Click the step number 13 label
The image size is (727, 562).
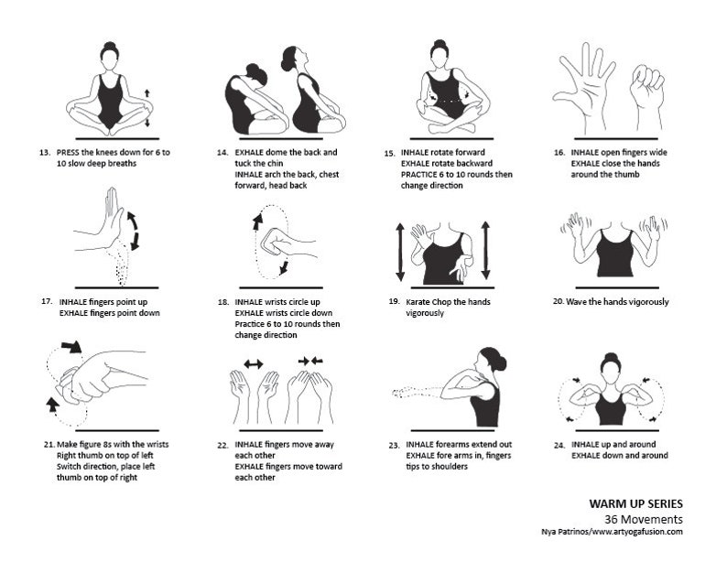[x=45, y=152]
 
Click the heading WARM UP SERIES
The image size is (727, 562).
[x=636, y=503]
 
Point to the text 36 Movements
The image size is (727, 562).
[x=644, y=518]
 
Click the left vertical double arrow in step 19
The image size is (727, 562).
[x=399, y=251]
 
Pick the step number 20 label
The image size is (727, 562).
[x=559, y=302]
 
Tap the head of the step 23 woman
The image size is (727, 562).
[x=487, y=361]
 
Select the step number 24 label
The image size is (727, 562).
[x=559, y=445]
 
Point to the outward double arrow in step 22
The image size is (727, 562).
[x=254, y=363]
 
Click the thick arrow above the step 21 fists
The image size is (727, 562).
[x=69, y=346]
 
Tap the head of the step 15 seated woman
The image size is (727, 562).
[x=440, y=56]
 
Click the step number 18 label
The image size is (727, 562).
[x=222, y=302]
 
